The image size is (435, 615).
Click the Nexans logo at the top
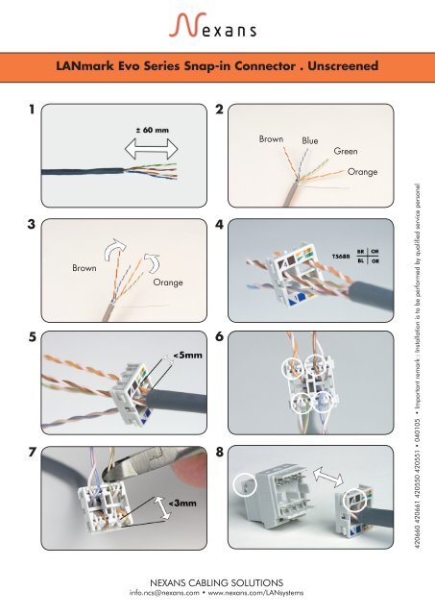click(213, 25)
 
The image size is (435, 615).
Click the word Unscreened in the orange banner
click(343, 65)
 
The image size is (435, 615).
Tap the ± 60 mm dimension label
click(153, 130)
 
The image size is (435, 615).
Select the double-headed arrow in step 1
click(152, 149)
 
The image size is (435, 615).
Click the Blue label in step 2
click(309, 140)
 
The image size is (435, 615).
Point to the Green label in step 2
click(346, 151)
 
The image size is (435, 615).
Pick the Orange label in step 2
click(363, 172)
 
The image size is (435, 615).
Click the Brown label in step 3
click(84, 268)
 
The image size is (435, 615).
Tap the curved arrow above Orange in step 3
click(152, 262)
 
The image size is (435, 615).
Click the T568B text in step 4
click(341, 257)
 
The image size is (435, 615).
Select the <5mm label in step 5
click(187, 356)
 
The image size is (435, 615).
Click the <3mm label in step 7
click(182, 504)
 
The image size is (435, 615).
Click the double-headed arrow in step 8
click(328, 477)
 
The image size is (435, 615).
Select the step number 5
click(32, 337)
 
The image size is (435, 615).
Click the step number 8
click(220, 452)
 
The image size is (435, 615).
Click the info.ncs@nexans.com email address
click(164, 593)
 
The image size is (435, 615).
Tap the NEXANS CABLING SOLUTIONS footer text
click(216, 582)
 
